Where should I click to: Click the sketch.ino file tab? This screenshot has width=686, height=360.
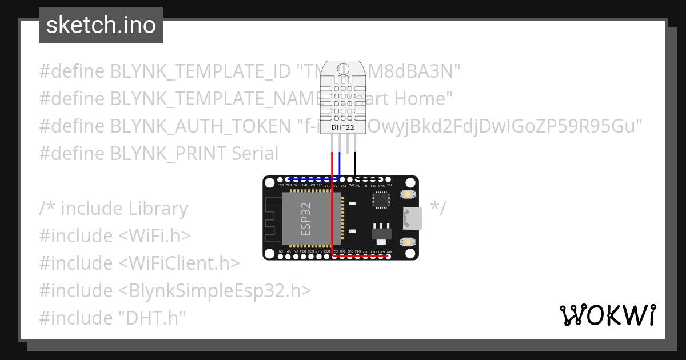(101, 25)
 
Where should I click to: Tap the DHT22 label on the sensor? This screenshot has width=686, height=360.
(342, 126)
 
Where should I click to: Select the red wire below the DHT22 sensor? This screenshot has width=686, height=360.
(332, 163)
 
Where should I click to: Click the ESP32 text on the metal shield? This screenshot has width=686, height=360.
(306, 218)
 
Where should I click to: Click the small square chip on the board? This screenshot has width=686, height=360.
(381, 199)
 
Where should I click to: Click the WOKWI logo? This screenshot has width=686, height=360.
(607, 315)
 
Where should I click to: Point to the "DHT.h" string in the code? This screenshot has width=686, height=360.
(153, 318)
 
